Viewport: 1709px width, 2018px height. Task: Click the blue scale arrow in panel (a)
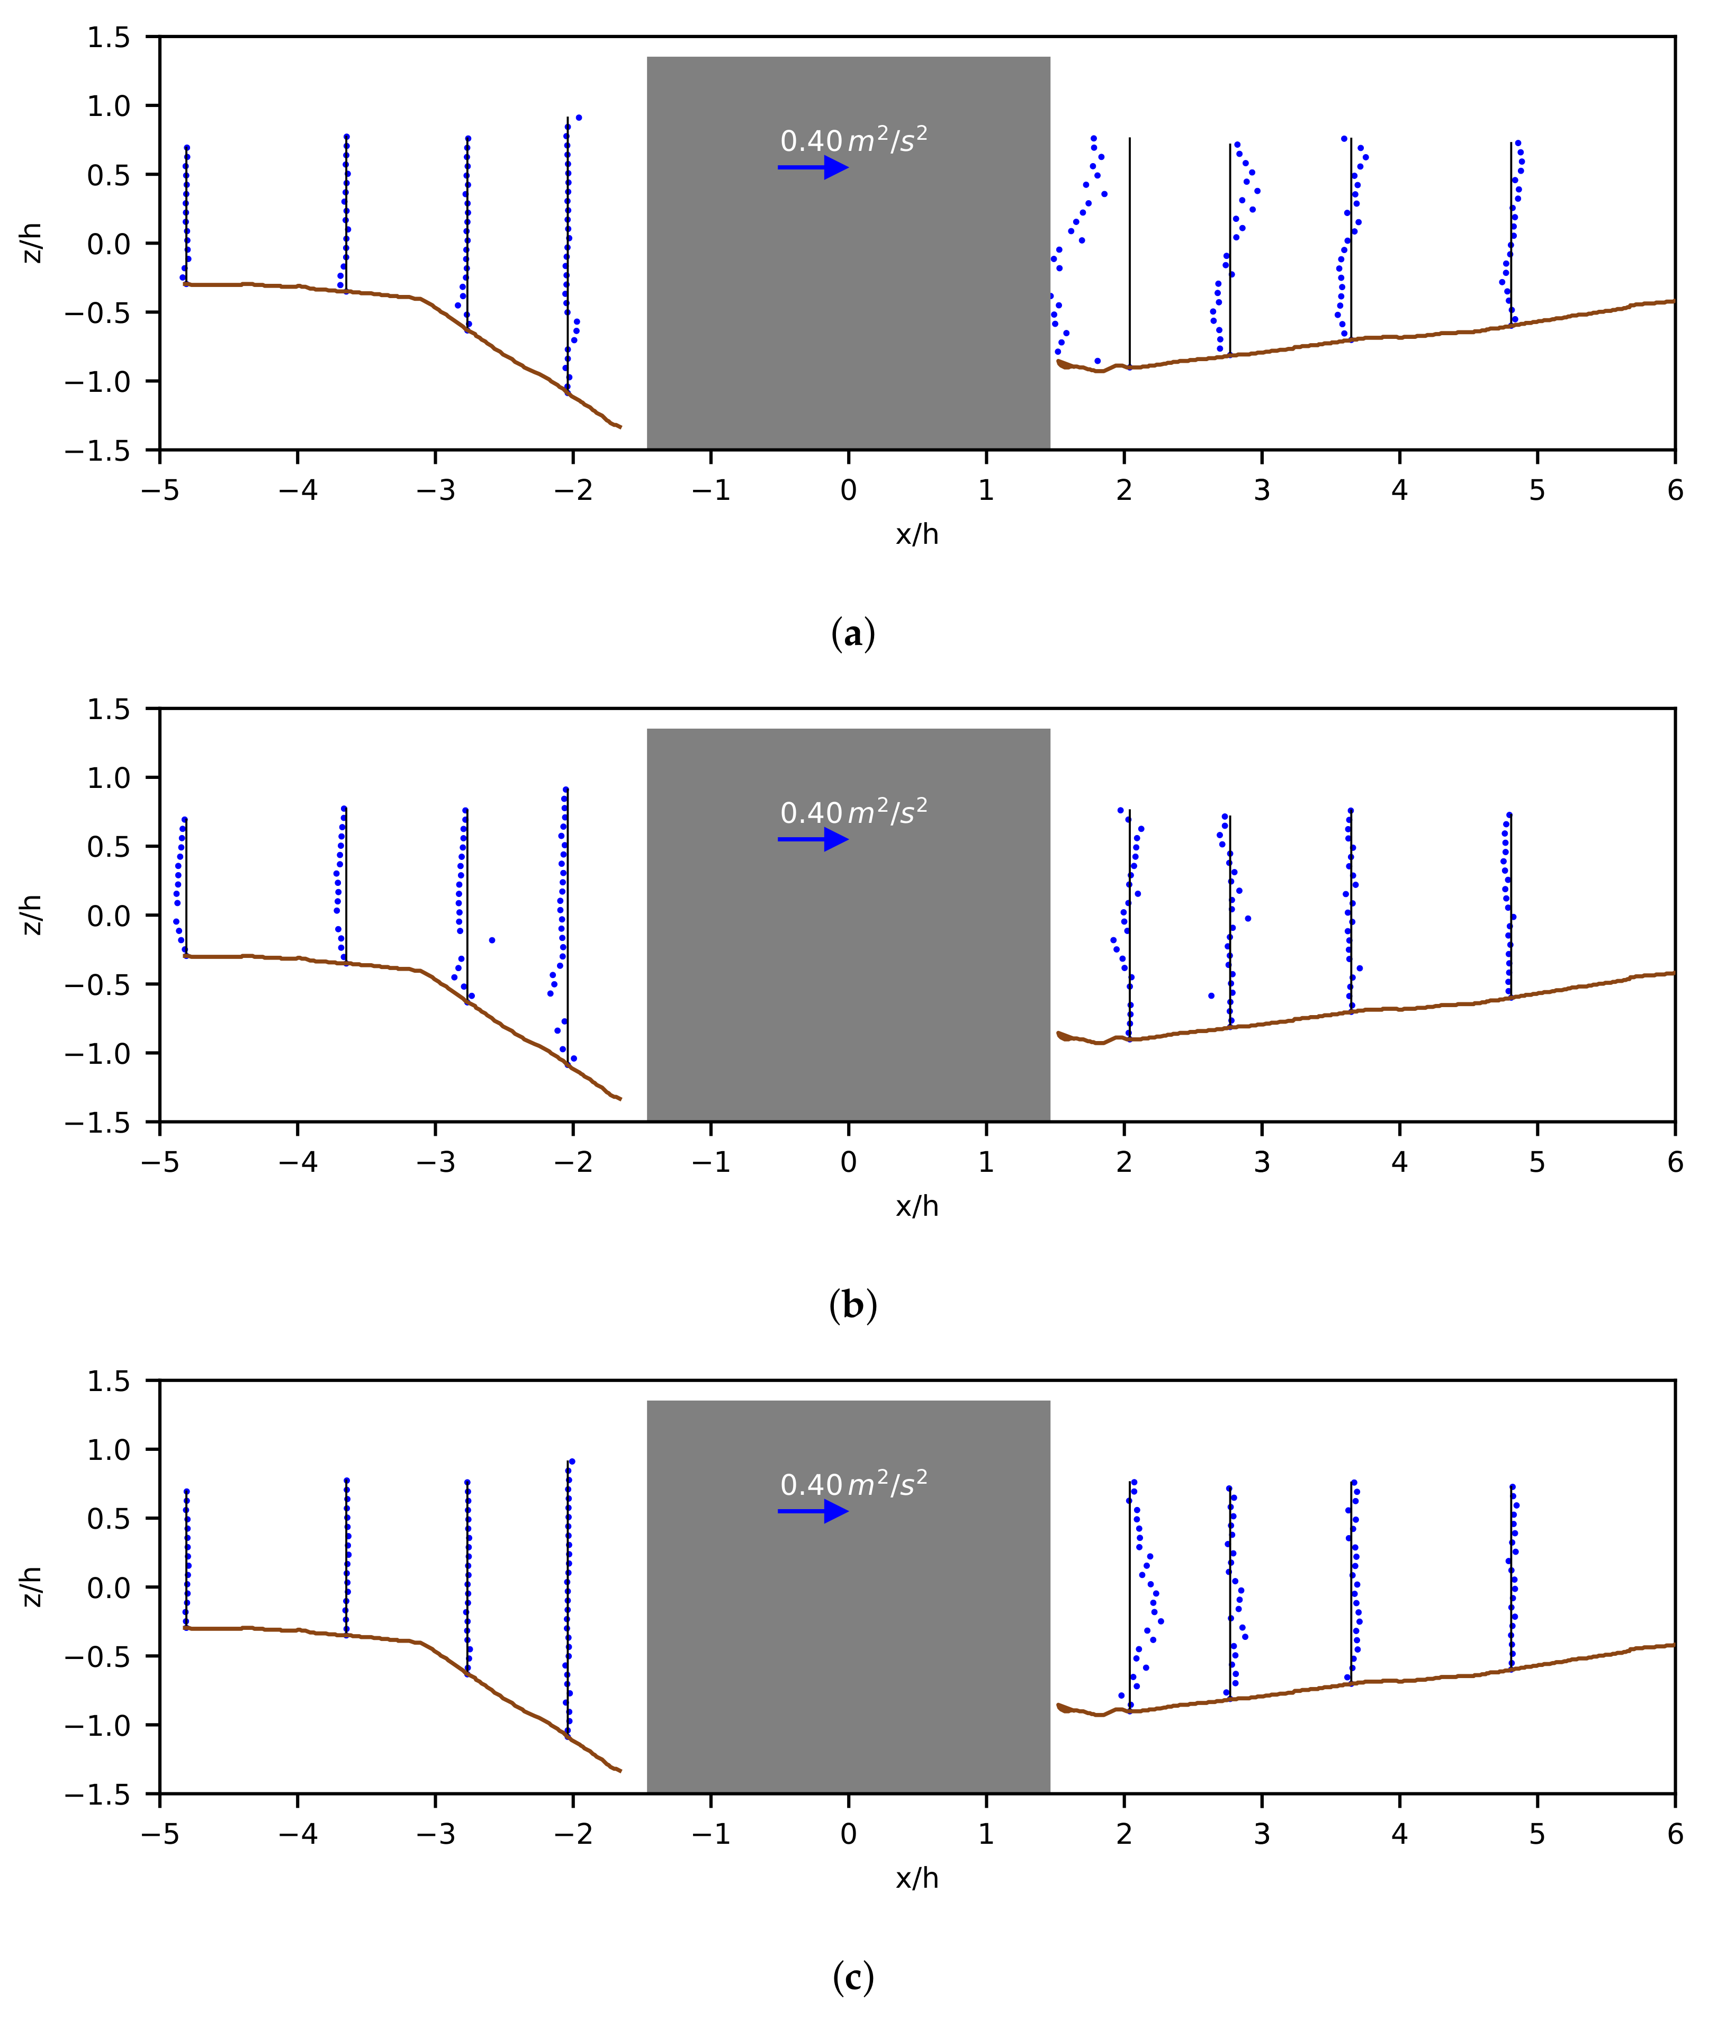tap(812, 168)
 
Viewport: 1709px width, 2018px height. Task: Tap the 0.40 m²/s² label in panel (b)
tap(852, 812)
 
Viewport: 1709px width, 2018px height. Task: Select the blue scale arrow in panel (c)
tap(812, 1511)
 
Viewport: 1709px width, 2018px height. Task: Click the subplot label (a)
tap(852, 634)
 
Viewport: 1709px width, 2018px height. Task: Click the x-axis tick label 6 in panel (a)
tap(1674, 490)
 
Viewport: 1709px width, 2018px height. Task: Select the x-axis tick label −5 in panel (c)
tap(160, 1834)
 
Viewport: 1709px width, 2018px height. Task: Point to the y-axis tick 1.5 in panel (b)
tap(109, 709)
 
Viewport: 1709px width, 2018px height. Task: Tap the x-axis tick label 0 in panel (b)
tap(849, 1162)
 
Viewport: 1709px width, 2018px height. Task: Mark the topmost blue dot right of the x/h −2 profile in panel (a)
tap(578, 117)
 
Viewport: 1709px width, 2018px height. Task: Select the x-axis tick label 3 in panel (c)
tap(1262, 1834)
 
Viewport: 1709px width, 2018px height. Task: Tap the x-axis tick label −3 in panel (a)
tap(435, 490)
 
